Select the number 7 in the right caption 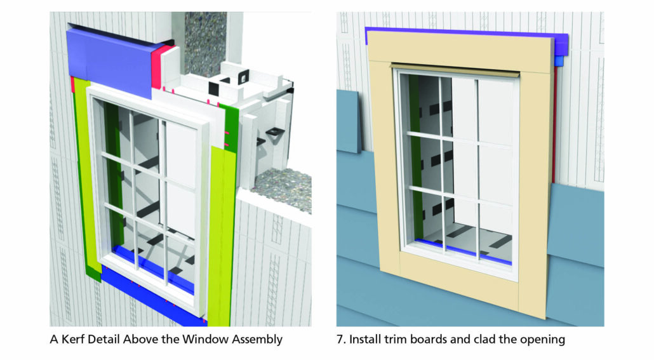pos(340,340)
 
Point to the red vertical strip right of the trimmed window pos(556,127)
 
